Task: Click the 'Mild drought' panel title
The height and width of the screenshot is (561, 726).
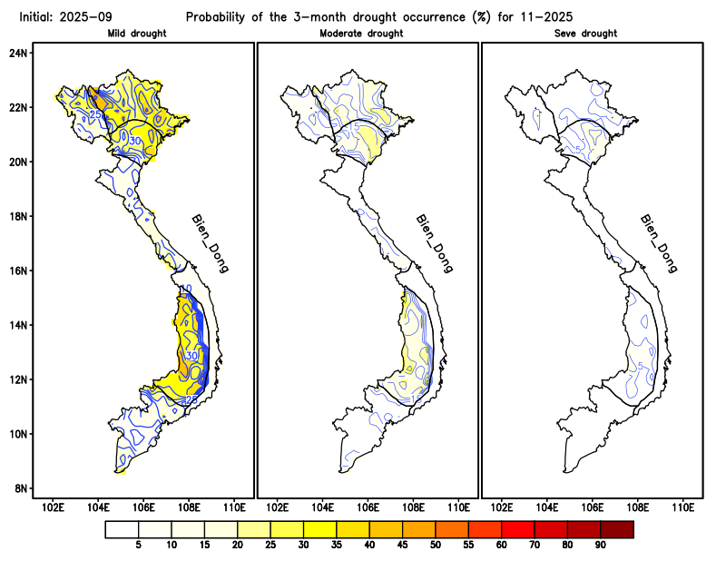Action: pos(136,34)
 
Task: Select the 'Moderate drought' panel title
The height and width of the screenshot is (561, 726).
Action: pos(361,34)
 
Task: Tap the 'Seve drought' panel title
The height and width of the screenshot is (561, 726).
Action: pos(585,34)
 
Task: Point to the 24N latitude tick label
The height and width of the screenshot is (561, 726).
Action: pos(19,53)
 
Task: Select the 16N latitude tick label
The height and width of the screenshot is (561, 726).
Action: pos(19,271)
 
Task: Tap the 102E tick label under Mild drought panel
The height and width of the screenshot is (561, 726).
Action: pos(53,507)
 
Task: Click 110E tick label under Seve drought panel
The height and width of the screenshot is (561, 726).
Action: pos(682,507)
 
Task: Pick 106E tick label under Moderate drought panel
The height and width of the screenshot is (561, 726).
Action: pos(368,507)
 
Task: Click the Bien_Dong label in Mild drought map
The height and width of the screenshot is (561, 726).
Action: pos(210,243)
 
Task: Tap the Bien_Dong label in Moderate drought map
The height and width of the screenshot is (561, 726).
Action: pos(434,243)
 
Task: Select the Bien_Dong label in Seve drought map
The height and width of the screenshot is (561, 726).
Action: pos(658,243)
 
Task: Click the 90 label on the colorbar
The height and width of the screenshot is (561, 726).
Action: pos(600,545)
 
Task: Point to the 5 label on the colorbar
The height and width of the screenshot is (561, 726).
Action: pos(138,545)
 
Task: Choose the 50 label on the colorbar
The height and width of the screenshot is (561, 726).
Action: pos(435,545)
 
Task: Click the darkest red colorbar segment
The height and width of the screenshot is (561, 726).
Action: pos(616,528)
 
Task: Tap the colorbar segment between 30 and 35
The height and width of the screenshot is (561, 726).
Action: pos(319,528)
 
